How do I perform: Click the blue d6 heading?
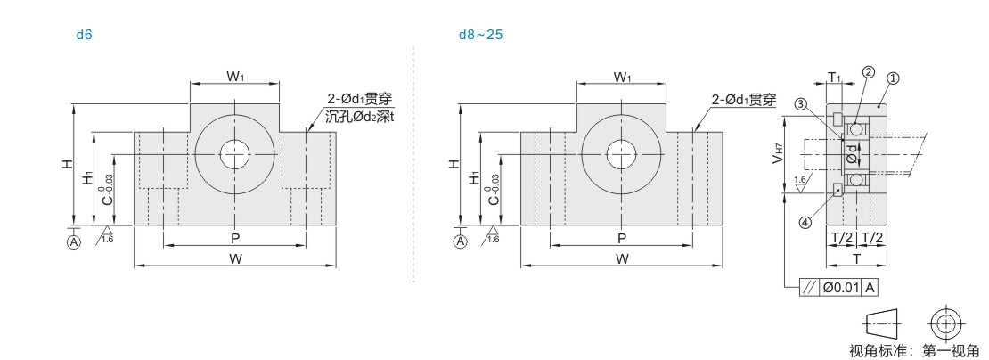[x=84, y=35]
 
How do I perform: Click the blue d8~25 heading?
[x=480, y=35]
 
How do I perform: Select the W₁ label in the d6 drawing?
[x=236, y=77]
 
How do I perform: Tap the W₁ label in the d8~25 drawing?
[x=623, y=77]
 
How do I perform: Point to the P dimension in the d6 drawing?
[x=234, y=238]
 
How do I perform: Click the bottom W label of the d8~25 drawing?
[x=622, y=258]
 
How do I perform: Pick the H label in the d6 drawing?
[x=66, y=164]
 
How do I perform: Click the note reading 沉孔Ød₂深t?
[x=360, y=117]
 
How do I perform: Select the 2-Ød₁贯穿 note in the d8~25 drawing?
[x=744, y=100]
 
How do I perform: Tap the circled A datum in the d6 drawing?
[x=75, y=242]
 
